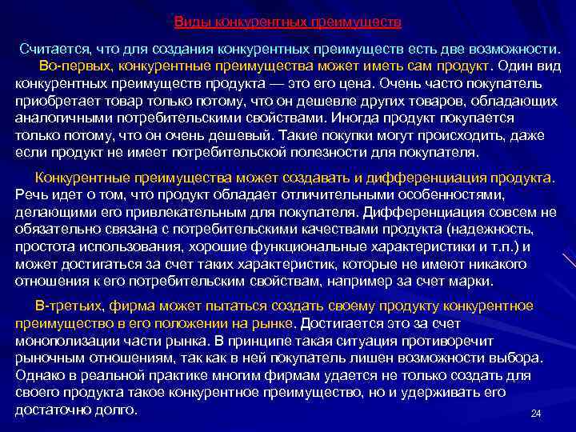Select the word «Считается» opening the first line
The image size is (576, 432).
pos(52,49)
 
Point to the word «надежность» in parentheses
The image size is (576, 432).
pos(495,230)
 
